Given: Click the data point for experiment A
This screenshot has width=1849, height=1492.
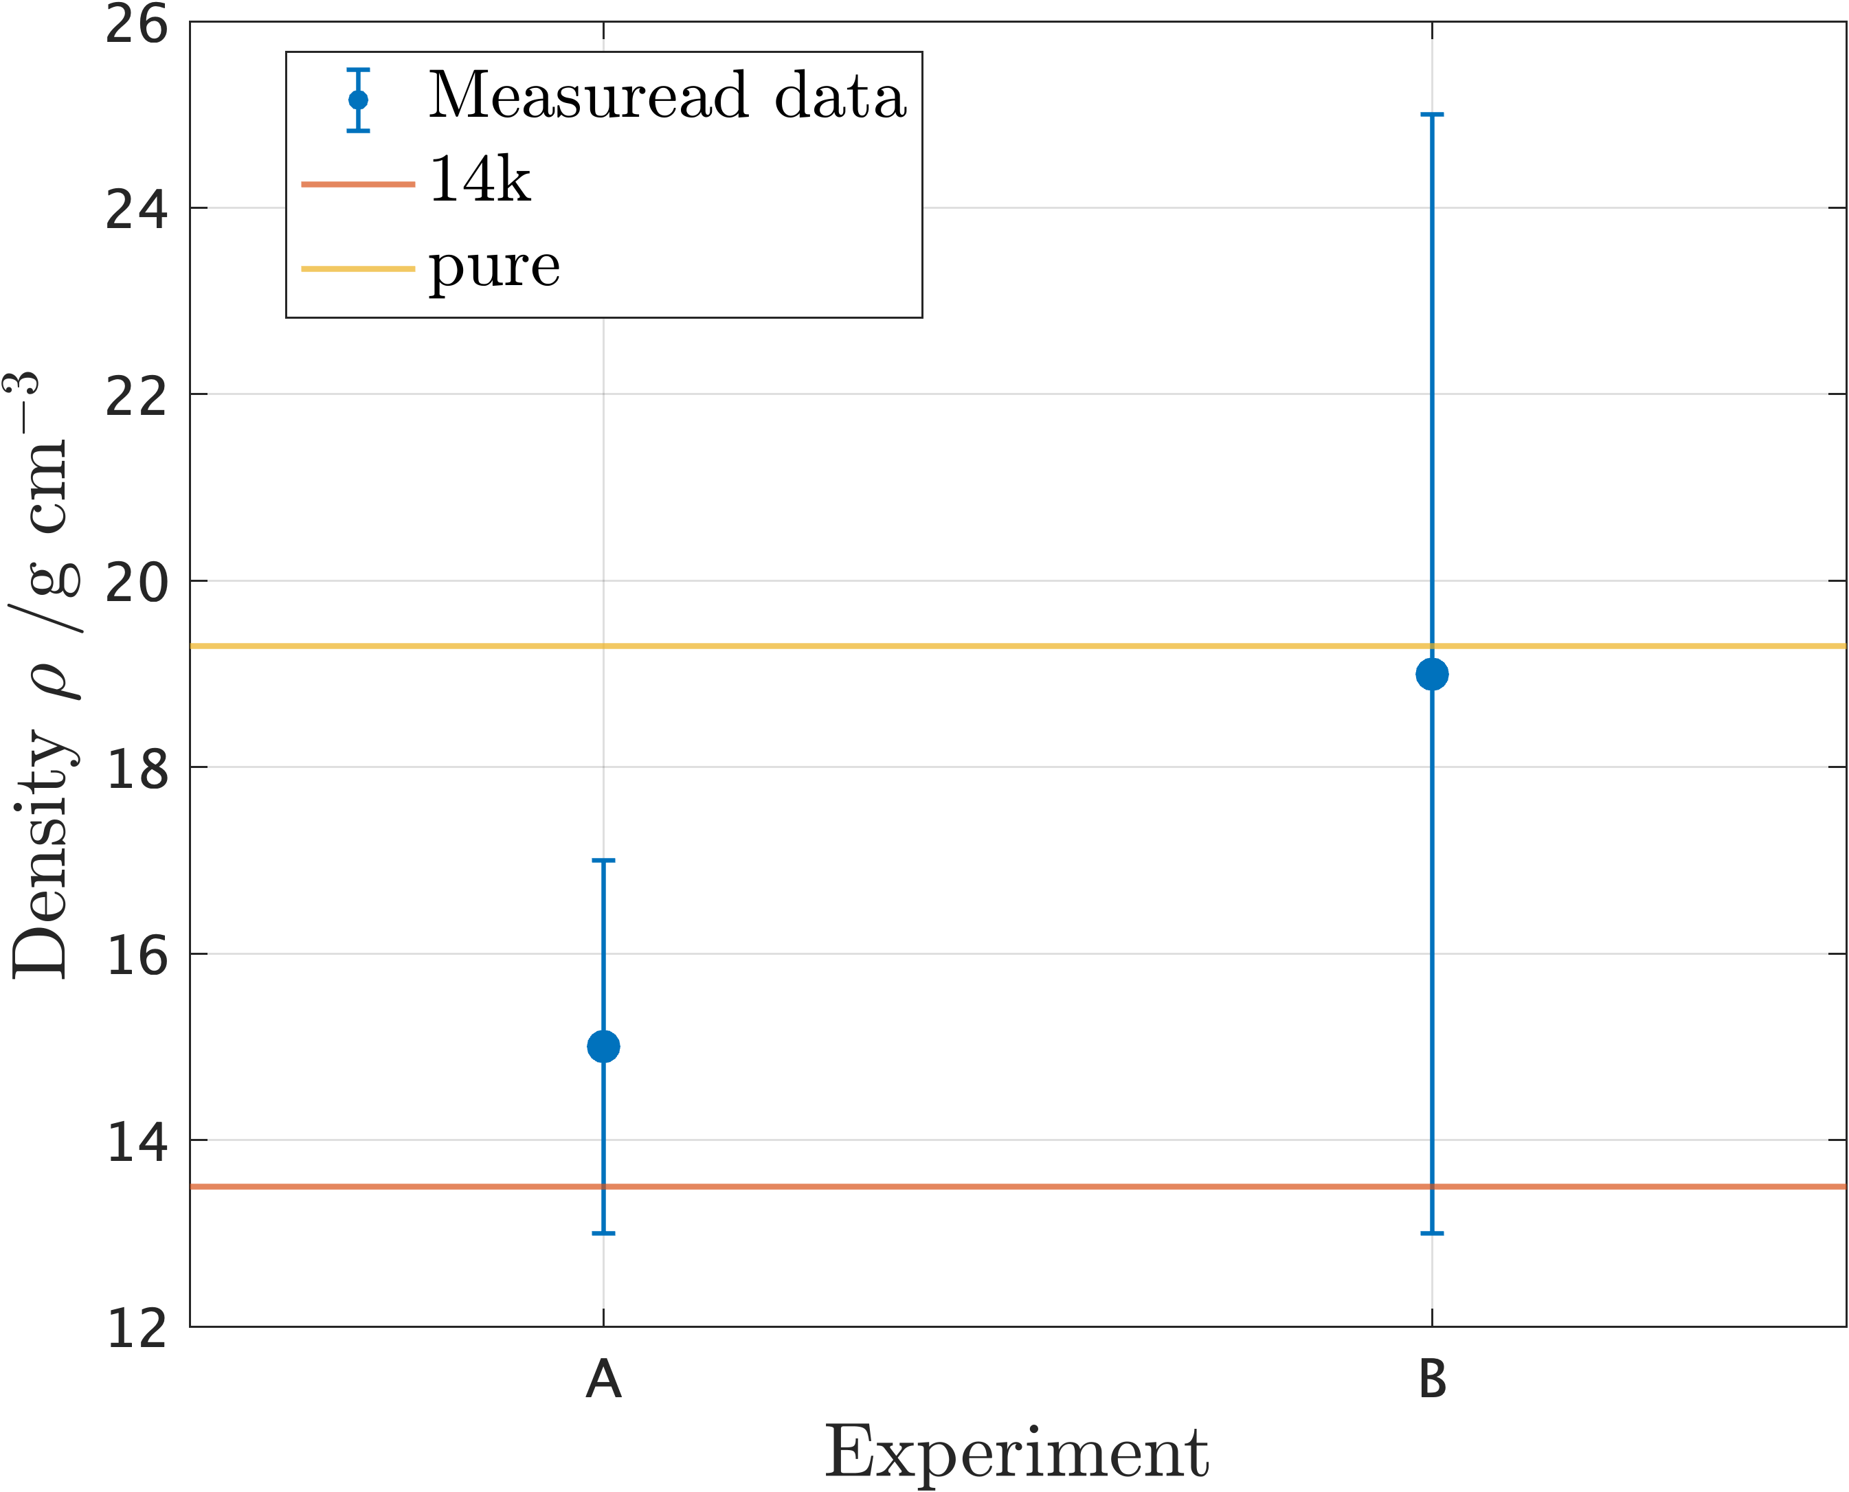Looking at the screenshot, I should point(603,1047).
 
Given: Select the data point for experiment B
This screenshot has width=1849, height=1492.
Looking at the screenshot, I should point(1431,674).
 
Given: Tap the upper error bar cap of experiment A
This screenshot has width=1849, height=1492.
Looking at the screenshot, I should point(603,860).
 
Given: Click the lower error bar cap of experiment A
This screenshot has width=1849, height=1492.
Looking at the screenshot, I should point(603,1233).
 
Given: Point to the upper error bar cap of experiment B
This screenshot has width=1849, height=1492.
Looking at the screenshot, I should point(1431,114).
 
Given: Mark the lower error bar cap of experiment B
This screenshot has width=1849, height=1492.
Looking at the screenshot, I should point(1431,1233).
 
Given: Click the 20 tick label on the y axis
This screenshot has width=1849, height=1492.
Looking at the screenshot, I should point(136,583).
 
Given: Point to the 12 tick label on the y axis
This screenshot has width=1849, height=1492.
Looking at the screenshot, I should point(136,1329).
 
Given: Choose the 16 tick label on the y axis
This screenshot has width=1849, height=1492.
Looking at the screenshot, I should point(136,956).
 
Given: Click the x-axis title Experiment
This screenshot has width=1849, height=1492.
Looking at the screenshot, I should point(1017,1452).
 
